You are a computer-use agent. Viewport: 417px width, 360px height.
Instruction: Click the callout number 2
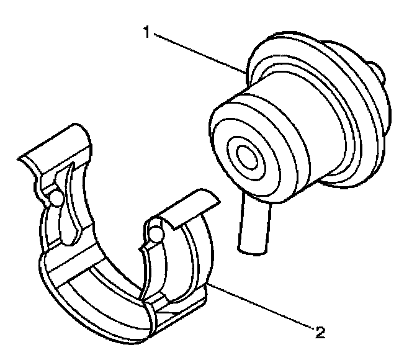click(x=320, y=332)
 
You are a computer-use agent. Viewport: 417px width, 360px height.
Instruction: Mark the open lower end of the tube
click(x=249, y=247)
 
